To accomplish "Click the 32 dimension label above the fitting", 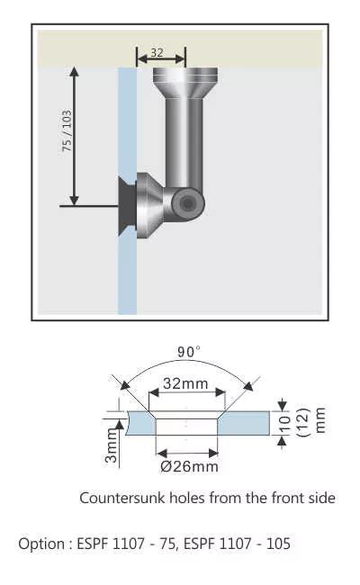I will coord(157,52).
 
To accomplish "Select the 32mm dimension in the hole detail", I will coord(185,383).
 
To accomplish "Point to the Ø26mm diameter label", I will coord(189,466).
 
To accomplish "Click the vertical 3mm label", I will coord(112,444).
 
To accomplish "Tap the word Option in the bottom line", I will coord(40,544).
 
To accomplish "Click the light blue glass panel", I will coord(127,270).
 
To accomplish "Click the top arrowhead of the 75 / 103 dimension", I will coord(75,73).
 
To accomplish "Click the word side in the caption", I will coord(319,498).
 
